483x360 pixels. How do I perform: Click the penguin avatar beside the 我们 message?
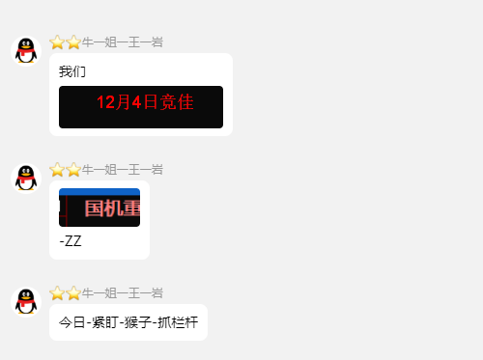pos(26,50)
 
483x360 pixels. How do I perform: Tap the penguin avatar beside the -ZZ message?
pos(26,178)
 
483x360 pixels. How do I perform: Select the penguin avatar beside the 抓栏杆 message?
pos(26,301)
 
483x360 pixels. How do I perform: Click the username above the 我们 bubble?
pos(122,42)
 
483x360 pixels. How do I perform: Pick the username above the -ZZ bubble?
pos(122,169)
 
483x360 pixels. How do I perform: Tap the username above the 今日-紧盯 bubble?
pos(122,292)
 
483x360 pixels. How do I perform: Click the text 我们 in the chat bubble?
pos(72,71)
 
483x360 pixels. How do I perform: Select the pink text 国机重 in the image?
pos(112,209)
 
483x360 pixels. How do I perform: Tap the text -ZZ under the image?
pos(71,241)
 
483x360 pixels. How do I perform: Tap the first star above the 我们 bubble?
pos(57,42)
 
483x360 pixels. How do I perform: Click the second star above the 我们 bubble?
pos(73,42)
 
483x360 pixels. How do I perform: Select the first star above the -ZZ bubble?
pos(57,169)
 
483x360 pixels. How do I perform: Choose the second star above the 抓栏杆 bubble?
pos(73,292)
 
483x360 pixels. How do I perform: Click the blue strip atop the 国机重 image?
pos(99,192)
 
